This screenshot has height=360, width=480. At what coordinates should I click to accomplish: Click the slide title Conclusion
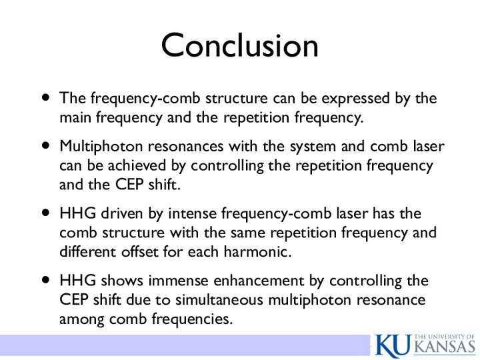pyautogui.click(x=240, y=45)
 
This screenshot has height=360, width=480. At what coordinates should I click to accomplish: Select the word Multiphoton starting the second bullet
pyautogui.click(x=101, y=147)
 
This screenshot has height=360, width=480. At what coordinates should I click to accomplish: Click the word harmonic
pyautogui.click(x=257, y=251)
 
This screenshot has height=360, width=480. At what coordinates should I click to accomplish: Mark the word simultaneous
pyautogui.click(x=219, y=300)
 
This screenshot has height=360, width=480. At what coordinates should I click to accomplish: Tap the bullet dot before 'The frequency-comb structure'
pyautogui.click(x=45, y=98)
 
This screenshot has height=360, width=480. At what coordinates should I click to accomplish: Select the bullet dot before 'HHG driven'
pyautogui.click(x=45, y=213)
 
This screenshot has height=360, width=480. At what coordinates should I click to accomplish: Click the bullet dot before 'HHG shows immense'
pyautogui.click(x=45, y=280)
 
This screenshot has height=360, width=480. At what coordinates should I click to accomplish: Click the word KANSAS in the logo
pyautogui.click(x=446, y=347)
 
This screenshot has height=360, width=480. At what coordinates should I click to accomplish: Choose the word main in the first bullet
pyautogui.click(x=75, y=117)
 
